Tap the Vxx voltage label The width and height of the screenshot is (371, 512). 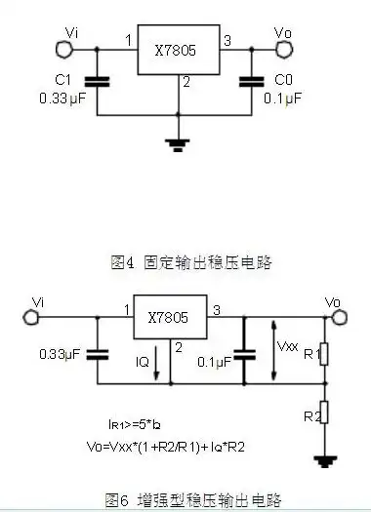click(x=288, y=345)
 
